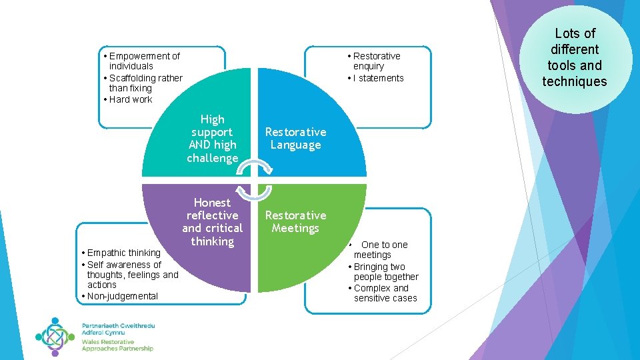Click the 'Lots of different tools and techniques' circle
coord(574,57)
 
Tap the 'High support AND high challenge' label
coord(212,139)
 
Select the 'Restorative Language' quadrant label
coord(295,139)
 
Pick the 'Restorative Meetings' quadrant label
coord(295,221)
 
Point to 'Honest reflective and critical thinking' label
coord(212,221)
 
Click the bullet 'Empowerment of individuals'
coord(142,61)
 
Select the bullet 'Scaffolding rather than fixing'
coord(143,83)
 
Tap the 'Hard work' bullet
coord(130,99)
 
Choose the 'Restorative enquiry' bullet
coord(375,61)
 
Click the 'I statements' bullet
coord(377,78)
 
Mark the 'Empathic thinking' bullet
coord(121,253)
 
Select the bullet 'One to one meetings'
coord(379,249)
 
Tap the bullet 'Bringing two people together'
coord(384,271)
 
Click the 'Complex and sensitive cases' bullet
coord(383,293)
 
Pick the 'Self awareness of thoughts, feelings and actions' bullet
coord(130,274)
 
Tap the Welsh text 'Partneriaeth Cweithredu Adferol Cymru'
coord(118,328)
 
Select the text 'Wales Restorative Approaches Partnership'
coord(117,345)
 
